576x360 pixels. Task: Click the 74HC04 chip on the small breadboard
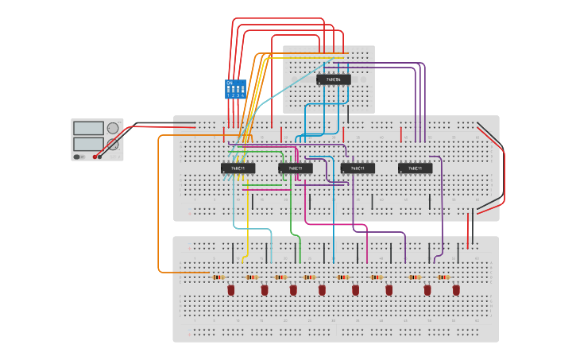334,79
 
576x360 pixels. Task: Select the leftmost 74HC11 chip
238,168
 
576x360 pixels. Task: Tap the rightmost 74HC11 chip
415,168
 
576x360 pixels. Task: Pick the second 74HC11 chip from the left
295,168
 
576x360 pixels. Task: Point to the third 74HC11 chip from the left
358,168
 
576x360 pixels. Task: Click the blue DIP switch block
235,88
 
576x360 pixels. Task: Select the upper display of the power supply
88,128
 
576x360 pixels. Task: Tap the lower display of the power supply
88,144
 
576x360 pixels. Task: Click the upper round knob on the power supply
113,128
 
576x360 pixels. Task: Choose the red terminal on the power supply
95,157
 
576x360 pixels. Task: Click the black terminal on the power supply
103,157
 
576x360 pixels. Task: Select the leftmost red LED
231,290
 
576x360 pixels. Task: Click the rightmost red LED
456,290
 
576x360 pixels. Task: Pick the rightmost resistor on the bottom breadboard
443,277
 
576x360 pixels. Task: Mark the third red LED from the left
293,290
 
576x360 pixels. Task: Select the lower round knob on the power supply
113,144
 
